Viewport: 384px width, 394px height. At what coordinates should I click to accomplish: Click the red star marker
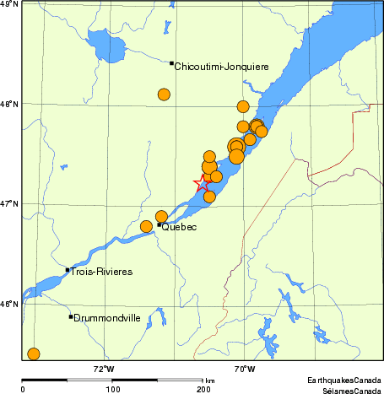click(203, 184)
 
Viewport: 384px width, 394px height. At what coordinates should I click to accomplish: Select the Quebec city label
click(178, 227)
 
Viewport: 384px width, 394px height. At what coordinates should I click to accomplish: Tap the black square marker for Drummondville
click(71, 316)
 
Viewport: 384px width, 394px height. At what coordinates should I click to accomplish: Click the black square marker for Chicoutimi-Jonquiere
click(171, 62)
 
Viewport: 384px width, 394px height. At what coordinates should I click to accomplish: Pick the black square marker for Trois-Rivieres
click(68, 270)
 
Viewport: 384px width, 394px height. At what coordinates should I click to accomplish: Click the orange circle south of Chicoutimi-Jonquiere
click(164, 94)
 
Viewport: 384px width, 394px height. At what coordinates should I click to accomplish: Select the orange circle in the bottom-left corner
click(34, 354)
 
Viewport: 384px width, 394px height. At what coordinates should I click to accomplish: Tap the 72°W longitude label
click(103, 368)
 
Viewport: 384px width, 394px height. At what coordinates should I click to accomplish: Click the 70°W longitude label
click(245, 368)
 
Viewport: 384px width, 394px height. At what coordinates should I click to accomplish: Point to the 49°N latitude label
click(9, 5)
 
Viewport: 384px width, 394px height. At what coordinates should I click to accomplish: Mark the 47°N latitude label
click(9, 203)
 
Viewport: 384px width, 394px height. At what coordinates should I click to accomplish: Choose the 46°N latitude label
click(9, 304)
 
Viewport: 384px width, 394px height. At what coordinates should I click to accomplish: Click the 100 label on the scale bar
click(112, 389)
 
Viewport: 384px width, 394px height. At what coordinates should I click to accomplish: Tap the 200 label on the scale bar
click(203, 389)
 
